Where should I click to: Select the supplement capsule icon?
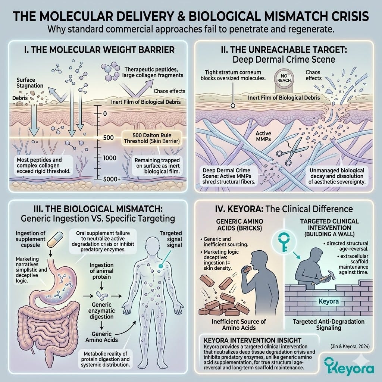click(x=55, y=239)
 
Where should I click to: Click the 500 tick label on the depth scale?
click(x=109, y=138)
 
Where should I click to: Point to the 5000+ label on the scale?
click(x=112, y=179)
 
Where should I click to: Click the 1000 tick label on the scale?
click(x=110, y=158)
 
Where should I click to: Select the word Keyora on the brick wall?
click(x=329, y=301)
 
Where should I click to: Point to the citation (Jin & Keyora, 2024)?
click(x=350, y=346)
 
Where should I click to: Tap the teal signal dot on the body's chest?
click(x=160, y=266)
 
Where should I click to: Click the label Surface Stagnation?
click(x=30, y=82)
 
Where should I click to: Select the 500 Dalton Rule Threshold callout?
click(x=152, y=138)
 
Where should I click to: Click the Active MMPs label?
click(x=263, y=136)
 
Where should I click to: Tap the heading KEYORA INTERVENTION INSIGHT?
click(x=253, y=340)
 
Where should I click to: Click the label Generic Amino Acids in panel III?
click(x=101, y=337)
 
